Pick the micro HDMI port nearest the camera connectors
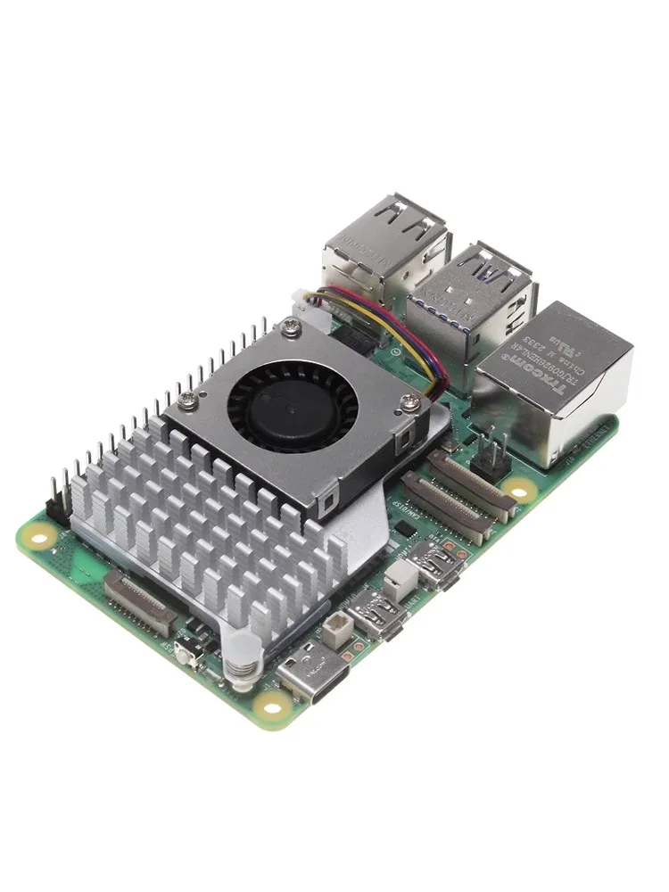(442, 564)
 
